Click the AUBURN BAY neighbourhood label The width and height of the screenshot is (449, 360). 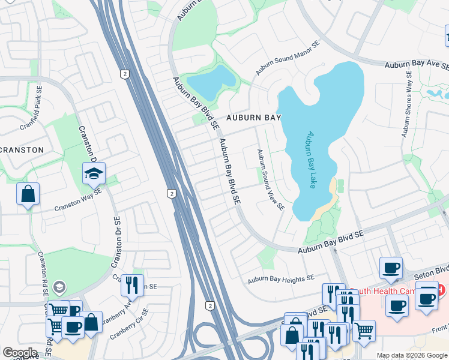click(x=253, y=118)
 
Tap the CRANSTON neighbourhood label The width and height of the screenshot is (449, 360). click(x=22, y=149)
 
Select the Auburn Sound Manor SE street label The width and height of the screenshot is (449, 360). click(x=289, y=59)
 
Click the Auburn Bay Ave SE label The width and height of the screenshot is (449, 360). click(x=417, y=64)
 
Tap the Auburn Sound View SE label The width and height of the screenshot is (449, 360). click(x=270, y=180)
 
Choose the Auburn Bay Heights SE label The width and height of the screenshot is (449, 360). click(x=281, y=278)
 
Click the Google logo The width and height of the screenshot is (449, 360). click(x=20, y=353)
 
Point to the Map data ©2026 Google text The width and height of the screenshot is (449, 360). click(x=412, y=355)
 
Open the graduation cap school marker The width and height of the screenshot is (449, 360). click(x=94, y=173)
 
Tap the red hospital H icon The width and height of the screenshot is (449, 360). click(x=441, y=290)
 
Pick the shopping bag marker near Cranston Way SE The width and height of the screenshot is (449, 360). click(x=28, y=194)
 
